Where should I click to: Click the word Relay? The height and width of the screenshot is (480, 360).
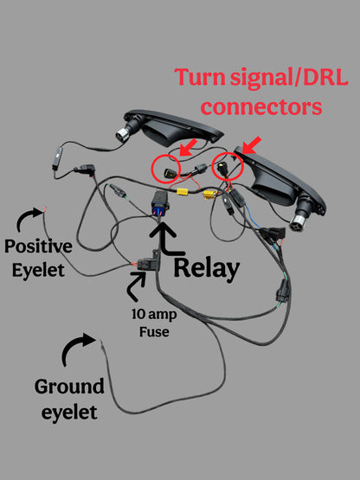[x=207, y=269]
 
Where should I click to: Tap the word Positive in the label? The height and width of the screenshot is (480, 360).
[x=39, y=246]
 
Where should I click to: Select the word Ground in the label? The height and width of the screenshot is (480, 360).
[x=69, y=387]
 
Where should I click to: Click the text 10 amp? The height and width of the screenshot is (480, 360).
[x=154, y=315]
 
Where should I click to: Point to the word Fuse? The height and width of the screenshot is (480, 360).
[x=154, y=332]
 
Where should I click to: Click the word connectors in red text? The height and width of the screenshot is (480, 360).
[x=261, y=107]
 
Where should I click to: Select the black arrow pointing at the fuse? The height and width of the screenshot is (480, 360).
[x=136, y=286]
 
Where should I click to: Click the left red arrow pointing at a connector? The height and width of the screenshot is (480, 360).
[x=188, y=147]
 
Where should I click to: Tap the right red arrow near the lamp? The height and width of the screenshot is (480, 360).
[x=252, y=145]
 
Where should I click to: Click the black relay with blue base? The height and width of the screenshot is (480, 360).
[x=160, y=202]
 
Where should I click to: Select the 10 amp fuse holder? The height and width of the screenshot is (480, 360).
[x=149, y=263]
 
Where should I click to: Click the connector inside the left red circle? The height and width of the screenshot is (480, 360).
[x=170, y=173]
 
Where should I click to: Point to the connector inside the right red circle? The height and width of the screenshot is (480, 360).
[x=222, y=169]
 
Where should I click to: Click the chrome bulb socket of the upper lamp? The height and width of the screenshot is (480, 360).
[x=123, y=134]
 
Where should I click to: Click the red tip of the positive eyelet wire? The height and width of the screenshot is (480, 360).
[x=45, y=209]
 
